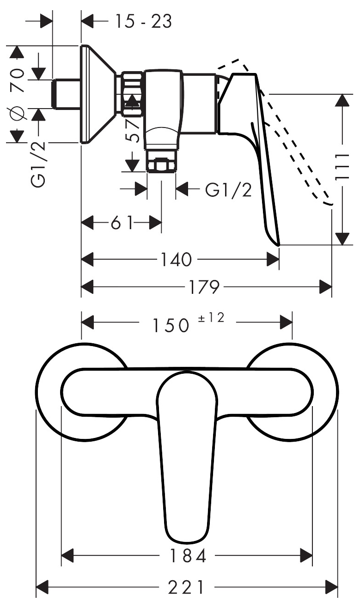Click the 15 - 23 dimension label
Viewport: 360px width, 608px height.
[144, 21]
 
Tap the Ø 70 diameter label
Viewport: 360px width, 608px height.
[18, 94]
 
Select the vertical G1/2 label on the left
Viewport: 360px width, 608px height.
[38, 164]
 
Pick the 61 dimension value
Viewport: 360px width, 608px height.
[122, 223]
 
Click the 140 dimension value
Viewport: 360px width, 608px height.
[177, 259]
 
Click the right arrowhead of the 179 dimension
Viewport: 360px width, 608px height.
[325, 286]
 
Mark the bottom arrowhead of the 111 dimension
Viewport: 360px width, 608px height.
[342, 238]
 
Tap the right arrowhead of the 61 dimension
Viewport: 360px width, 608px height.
[155, 223]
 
